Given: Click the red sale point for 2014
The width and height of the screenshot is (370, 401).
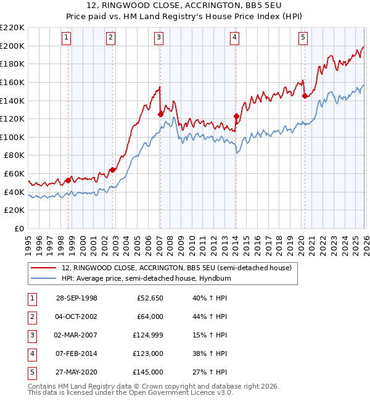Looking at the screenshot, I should [236, 115].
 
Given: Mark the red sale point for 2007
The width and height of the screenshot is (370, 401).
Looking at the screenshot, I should [160, 114].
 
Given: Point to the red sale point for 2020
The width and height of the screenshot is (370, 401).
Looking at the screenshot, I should [305, 96].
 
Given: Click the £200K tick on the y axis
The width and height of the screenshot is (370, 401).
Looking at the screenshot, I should [14, 46].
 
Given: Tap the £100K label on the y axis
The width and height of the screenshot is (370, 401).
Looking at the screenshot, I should [14, 137].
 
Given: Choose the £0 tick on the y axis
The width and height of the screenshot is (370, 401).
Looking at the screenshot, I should [20, 228].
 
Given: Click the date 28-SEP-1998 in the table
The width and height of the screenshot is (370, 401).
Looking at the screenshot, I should [76, 298].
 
